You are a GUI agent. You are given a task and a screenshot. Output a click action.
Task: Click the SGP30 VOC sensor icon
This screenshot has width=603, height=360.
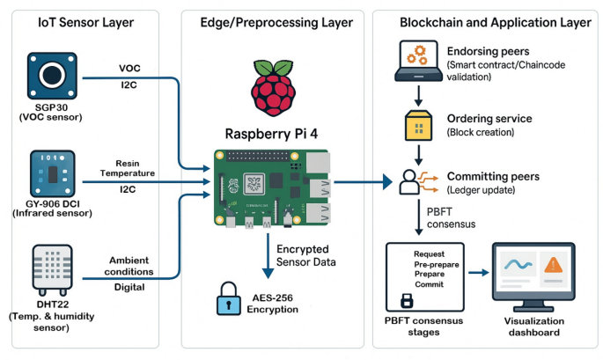coord(52,76)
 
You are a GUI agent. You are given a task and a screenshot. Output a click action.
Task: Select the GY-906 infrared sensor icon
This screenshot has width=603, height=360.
coord(52,173)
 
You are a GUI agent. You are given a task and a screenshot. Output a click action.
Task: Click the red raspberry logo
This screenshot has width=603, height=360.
coord(274,88)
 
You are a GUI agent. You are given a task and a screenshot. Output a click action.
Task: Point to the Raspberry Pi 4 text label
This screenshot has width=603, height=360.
coord(271,134)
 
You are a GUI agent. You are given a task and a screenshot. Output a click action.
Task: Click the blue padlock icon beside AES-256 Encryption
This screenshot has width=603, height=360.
coord(228,299)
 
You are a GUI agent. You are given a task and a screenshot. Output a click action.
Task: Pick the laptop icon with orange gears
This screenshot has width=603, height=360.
coord(418,61)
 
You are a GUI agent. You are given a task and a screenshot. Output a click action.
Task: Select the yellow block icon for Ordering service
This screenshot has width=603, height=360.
coord(418,125)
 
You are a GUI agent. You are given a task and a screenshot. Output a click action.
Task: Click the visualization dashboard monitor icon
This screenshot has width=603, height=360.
coord(533,276)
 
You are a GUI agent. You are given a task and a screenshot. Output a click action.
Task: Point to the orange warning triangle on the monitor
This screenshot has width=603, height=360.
coord(554,266)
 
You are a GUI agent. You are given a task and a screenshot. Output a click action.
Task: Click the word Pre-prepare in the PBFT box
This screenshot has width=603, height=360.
coord(437,265)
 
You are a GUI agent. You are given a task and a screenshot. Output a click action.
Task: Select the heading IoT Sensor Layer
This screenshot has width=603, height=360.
coord(85,22)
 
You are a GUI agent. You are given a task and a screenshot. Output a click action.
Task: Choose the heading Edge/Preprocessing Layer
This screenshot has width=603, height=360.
coord(276,22)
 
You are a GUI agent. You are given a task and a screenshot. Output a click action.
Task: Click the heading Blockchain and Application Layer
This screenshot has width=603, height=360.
coord(496,22)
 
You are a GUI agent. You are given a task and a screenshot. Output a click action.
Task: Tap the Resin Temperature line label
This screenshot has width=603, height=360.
coord(128,168)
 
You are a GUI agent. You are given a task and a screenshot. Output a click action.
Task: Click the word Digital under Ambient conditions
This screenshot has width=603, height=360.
coord(129,287)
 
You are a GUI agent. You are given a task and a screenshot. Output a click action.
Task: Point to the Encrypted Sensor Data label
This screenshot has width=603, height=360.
coord(305,255)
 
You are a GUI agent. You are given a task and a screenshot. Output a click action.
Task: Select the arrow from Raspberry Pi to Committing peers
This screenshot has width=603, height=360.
coord(363,182)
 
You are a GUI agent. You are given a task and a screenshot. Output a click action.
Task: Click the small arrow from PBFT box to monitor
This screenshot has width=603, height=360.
coord(478,273)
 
